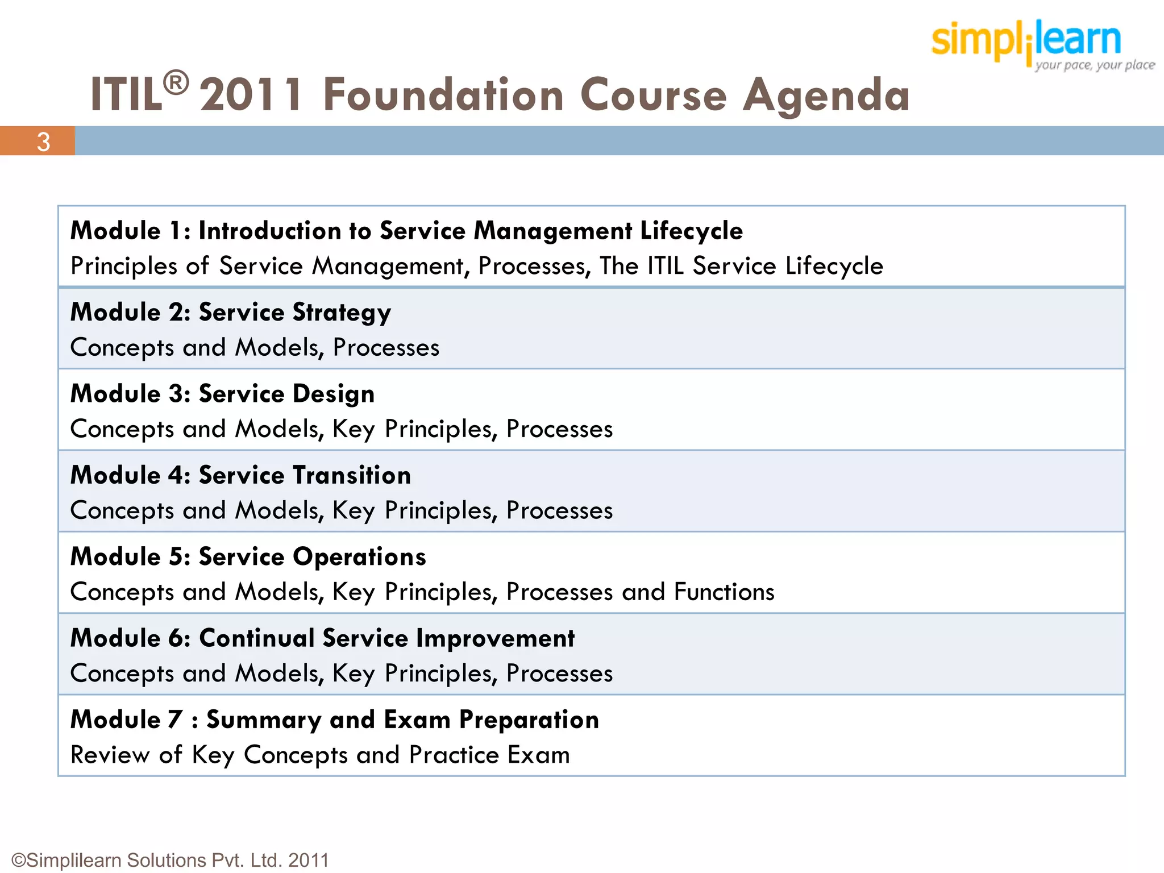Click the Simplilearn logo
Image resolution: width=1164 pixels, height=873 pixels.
coord(1026,40)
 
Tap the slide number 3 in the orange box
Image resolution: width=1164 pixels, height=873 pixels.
coord(43,142)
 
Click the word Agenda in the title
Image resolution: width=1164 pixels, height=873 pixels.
coord(826,95)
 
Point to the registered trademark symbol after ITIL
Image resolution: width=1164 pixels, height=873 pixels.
coord(176,83)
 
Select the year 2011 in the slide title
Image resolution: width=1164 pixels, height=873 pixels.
coord(252,95)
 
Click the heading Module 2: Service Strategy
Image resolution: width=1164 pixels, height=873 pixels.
coord(231,313)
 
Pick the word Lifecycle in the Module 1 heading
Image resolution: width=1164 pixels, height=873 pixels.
coord(691,231)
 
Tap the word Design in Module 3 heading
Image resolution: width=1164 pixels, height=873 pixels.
coord(334,394)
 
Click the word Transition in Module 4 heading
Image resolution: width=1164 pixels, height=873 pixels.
coord(352,475)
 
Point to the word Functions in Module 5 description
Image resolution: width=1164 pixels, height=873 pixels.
coord(724,592)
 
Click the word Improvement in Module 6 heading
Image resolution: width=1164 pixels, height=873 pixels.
coord(495,638)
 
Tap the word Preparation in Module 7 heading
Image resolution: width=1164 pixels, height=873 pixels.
coord(529,720)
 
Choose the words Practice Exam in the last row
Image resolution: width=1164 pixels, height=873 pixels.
coord(489,755)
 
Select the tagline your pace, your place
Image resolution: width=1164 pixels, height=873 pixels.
coord(1094,65)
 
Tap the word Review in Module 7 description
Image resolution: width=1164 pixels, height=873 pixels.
coord(110,755)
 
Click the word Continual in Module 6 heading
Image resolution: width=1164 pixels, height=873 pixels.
coord(257,638)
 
